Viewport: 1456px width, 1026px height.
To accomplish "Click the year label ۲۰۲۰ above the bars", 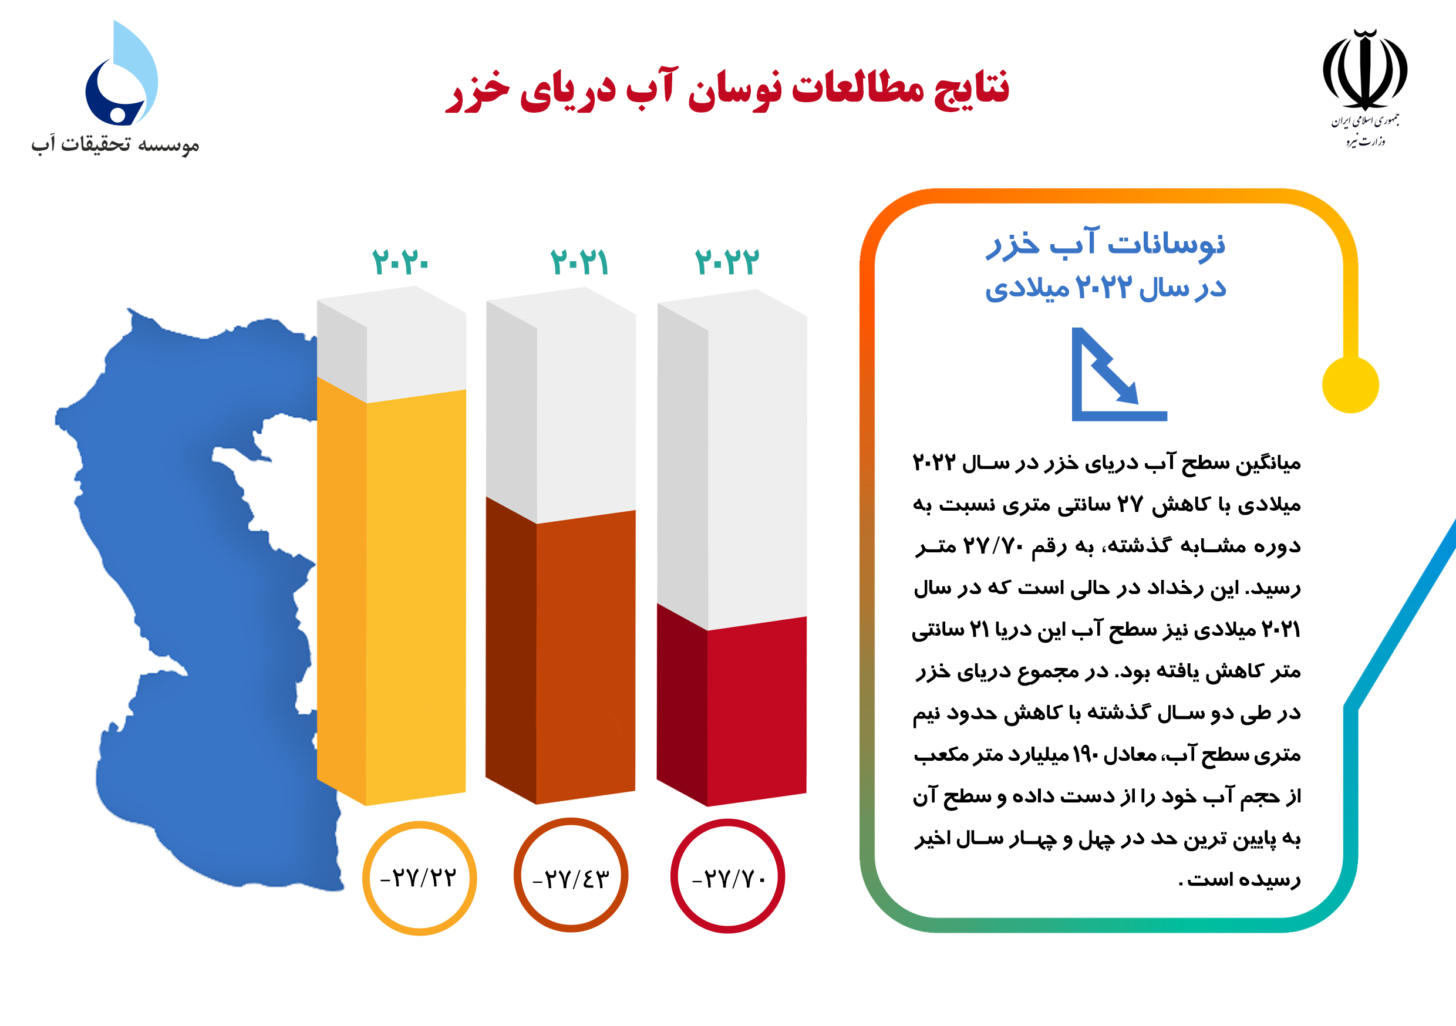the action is pyautogui.click(x=400, y=261).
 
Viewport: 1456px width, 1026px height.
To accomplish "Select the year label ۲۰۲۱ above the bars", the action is pyautogui.click(x=579, y=261).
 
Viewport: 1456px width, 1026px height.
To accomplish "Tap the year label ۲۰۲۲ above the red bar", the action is pyautogui.click(x=727, y=261).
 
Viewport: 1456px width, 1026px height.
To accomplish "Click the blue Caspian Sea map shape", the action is pyautogui.click(x=190, y=571).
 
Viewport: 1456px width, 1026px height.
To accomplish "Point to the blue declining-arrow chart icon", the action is pyautogui.click(x=1118, y=374).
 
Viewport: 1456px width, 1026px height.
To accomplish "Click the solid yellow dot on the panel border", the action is pyautogui.click(x=1351, y=385).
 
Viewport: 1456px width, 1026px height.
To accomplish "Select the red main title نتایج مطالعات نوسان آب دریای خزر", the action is pyautogui.click(x=727, y=89).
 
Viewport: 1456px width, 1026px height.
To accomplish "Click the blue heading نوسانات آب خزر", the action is pyautogui.click(x=1106, y=244).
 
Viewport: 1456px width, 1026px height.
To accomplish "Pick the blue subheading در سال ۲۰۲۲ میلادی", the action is pyautogui.click(x=1106, y=287).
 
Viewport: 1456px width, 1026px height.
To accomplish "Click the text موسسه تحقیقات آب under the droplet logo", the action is pyautogui.click(x=116, y=144).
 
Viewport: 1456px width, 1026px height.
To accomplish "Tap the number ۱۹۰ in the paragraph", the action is pyautogui.click(x=1084, y=755).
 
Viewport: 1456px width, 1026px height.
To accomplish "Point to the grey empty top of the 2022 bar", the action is pyautogui.click(x=733, y=457).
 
